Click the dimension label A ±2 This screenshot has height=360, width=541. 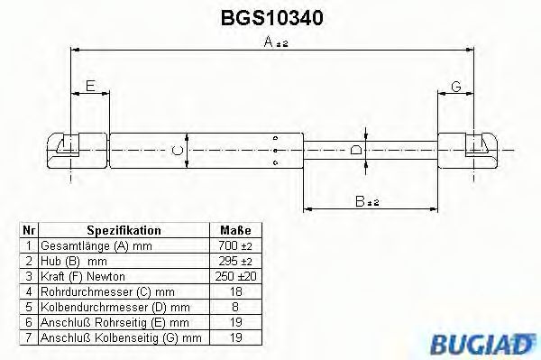pos(274,42)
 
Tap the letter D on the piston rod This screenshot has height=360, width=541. pos(356,149)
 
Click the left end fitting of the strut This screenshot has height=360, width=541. pos(66,147)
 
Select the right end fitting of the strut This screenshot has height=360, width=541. pos(478,147)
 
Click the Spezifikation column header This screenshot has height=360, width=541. pos(124,231)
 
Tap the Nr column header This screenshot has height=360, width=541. pos(30,231)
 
